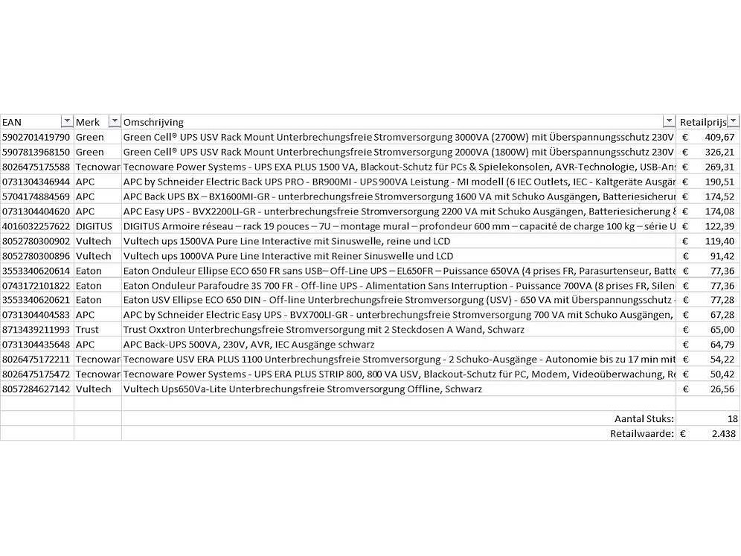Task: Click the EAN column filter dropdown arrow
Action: click(66, 122)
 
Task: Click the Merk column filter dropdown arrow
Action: click(114, 122)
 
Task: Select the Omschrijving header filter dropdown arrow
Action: click(668, 122)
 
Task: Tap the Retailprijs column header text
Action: click(702, 122)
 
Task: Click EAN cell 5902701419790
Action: click(36, 137)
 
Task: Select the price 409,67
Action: click(719, 137)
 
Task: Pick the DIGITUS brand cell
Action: click(94, 226)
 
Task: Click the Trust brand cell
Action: click(87, 330)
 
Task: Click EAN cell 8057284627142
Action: click(36, 389)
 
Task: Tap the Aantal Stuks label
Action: click(644, 419)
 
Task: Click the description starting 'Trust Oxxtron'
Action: click(324, 330)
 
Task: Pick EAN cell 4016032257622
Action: click(36, 226)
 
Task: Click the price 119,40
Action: click(719, 241)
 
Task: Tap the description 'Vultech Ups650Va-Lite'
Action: click(302, 389)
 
